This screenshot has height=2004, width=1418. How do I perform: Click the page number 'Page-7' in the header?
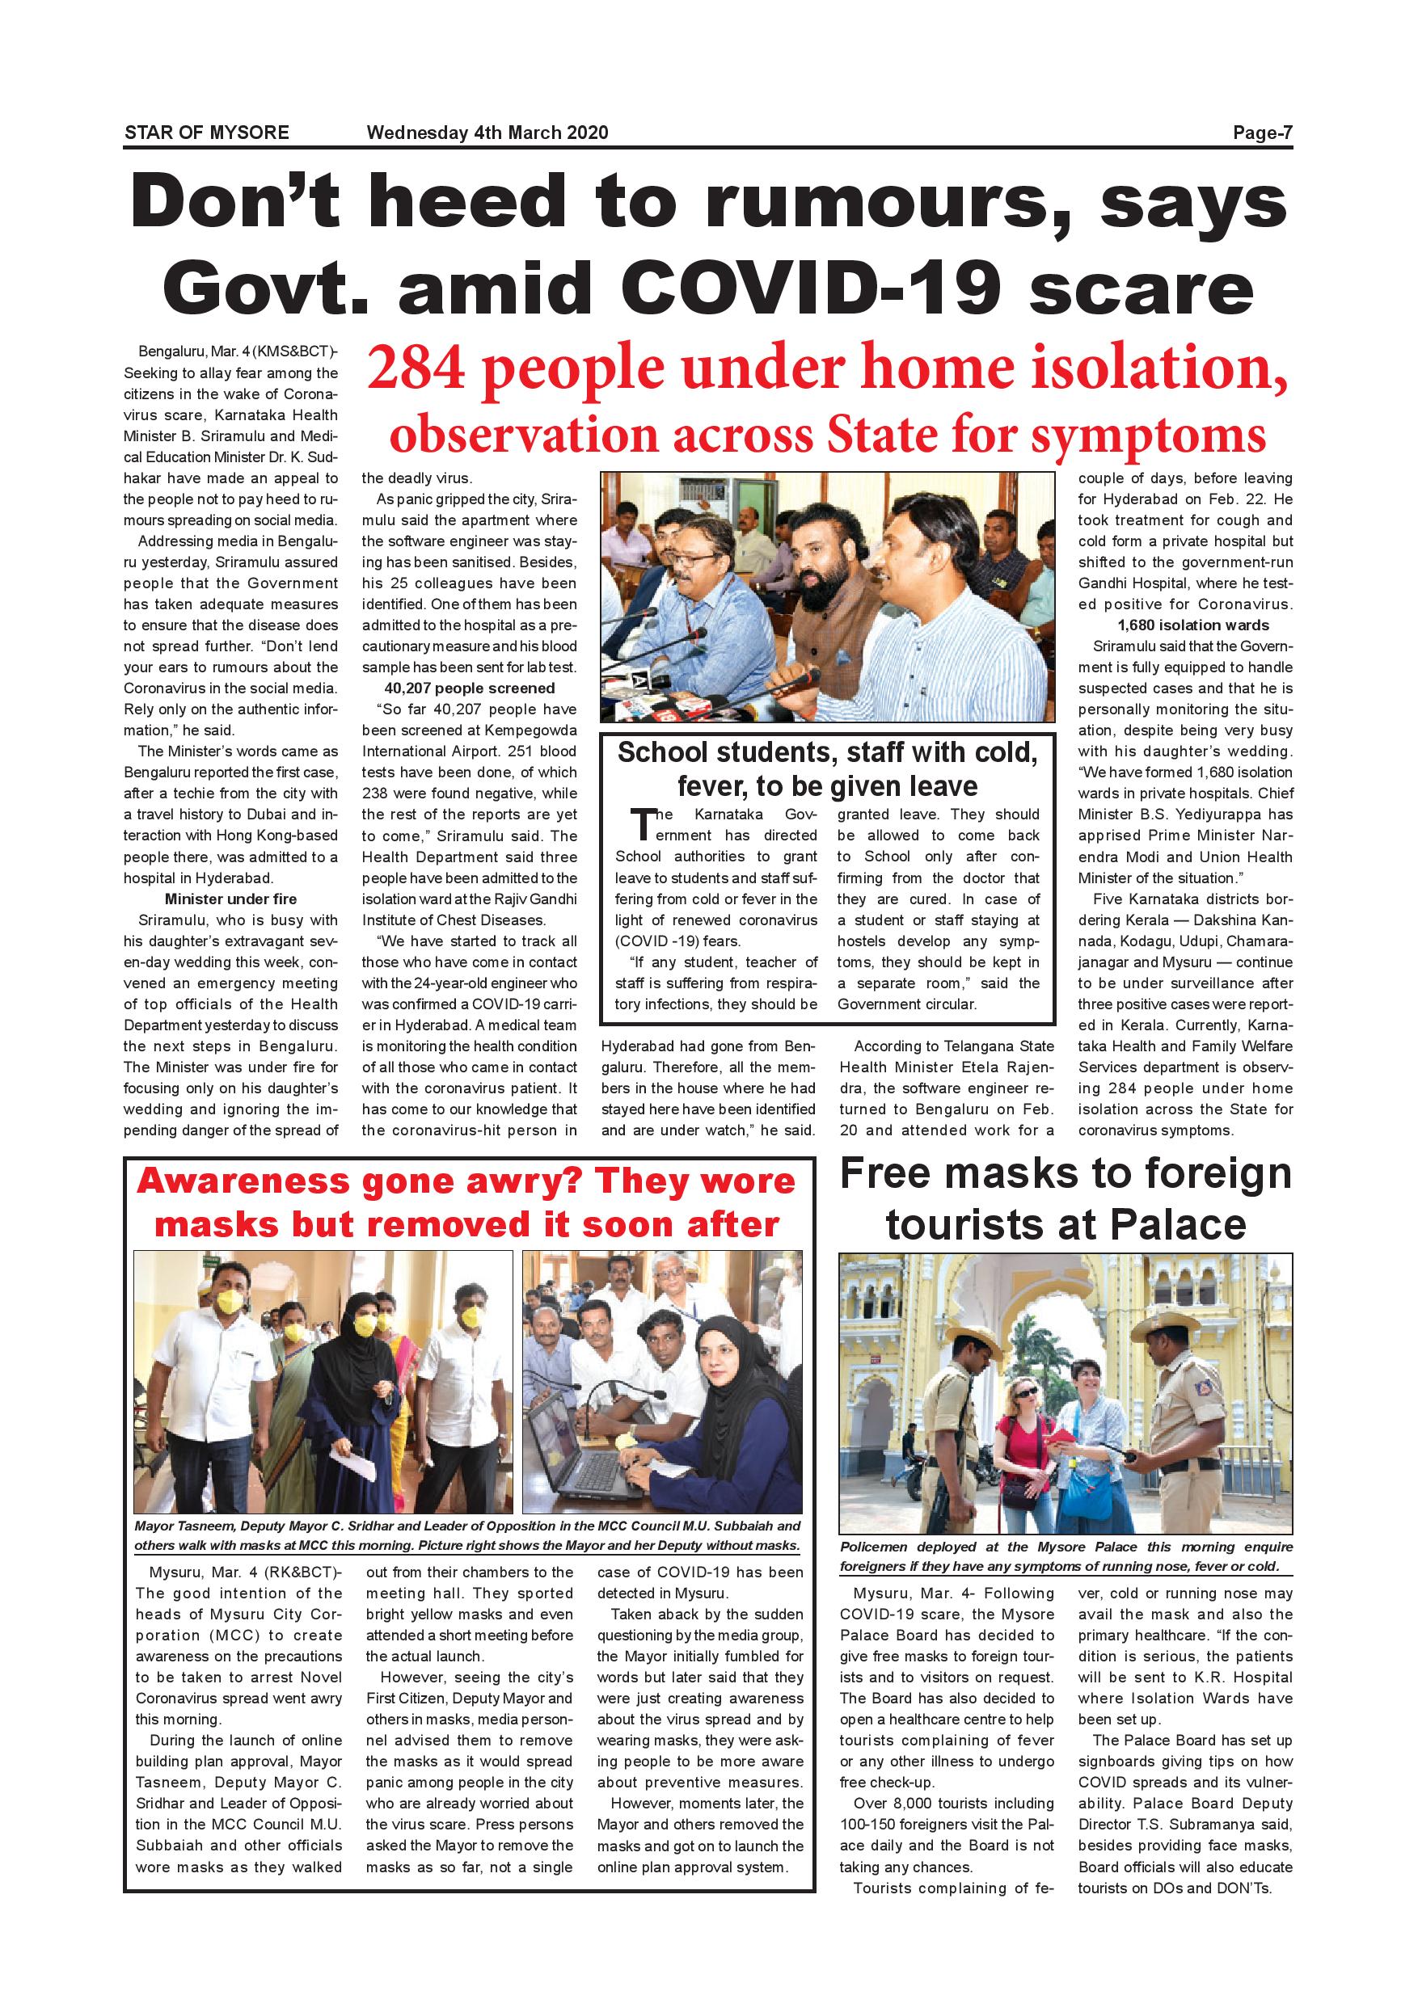click(x=1262, y=133)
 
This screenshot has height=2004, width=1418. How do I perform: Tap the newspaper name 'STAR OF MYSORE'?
click(x=207, y=133)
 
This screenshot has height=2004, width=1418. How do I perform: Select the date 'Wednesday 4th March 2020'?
click(x=487, y=133)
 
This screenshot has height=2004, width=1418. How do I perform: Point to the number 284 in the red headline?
click(x=416, y=368)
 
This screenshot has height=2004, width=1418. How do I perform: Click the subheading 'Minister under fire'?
click(x=230, y=899)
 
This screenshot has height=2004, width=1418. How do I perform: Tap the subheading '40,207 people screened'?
click(x=469, y=688)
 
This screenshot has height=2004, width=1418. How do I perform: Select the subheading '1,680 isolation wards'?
click(x=1185, y=625)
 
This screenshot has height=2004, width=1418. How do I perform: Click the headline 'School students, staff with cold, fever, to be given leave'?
click(x=827, y=769)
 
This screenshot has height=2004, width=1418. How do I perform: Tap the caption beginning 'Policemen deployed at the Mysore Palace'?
click(x=1066, y=1556)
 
